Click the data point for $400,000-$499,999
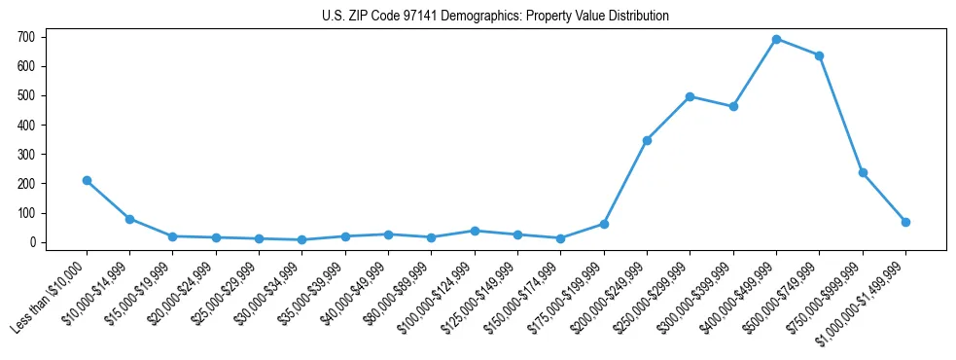point(776,39)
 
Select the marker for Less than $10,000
point(87,180)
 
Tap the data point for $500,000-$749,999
point(819,55)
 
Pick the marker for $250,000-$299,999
point(690,96)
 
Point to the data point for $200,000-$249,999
point(647,140)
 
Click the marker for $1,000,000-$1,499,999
point(905,222)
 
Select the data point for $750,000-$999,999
point(863,172)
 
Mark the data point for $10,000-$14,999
point(129,219)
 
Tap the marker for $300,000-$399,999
point(733,106)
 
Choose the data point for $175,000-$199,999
point(604,224)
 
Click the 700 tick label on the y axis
point(26,37)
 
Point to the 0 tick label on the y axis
point(32,242)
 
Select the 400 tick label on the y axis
point(26,125)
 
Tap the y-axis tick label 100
point(26,213)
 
